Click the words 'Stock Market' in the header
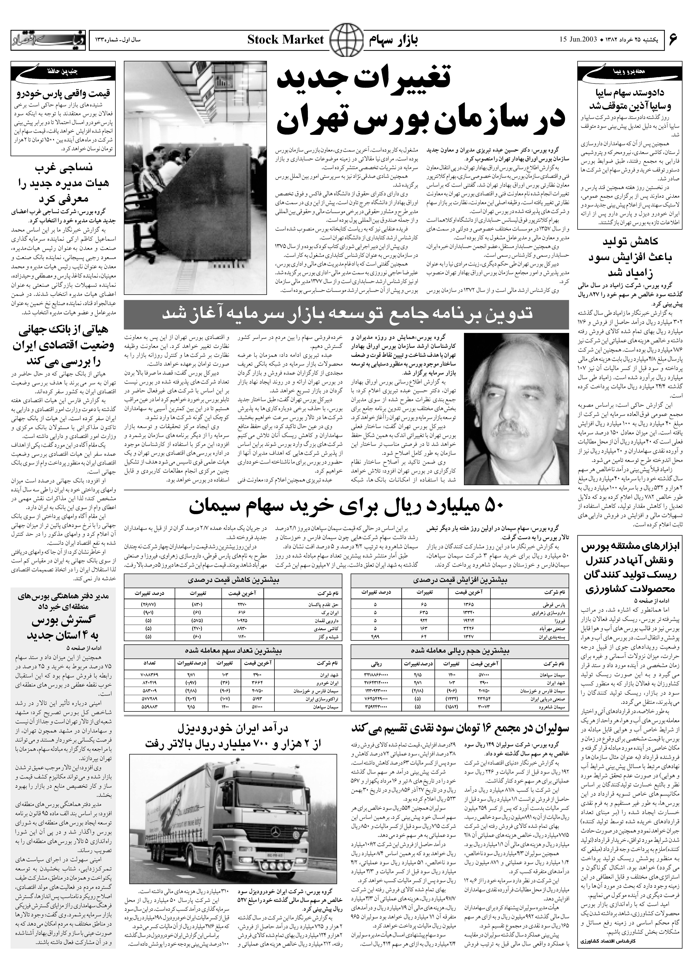(x=285, y=40)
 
